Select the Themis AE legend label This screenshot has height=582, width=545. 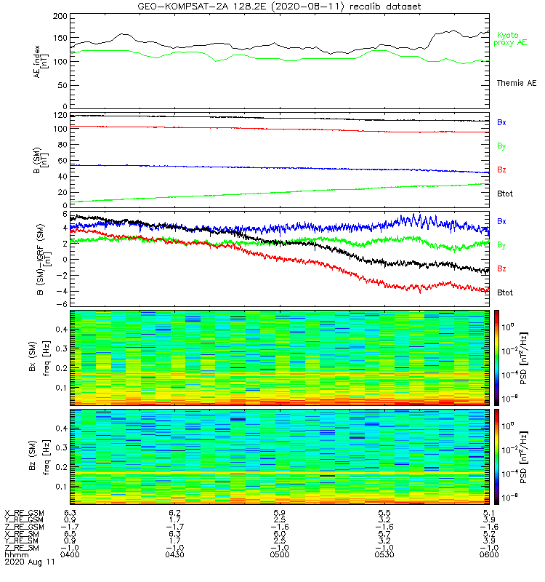tap(515, 83)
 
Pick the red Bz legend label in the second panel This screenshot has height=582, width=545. tap(501, 170)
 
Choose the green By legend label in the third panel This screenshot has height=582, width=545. tap(501, 245)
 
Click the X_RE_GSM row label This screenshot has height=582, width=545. tap(24, 513)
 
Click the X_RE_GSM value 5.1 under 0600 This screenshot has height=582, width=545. tap(488, 513)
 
